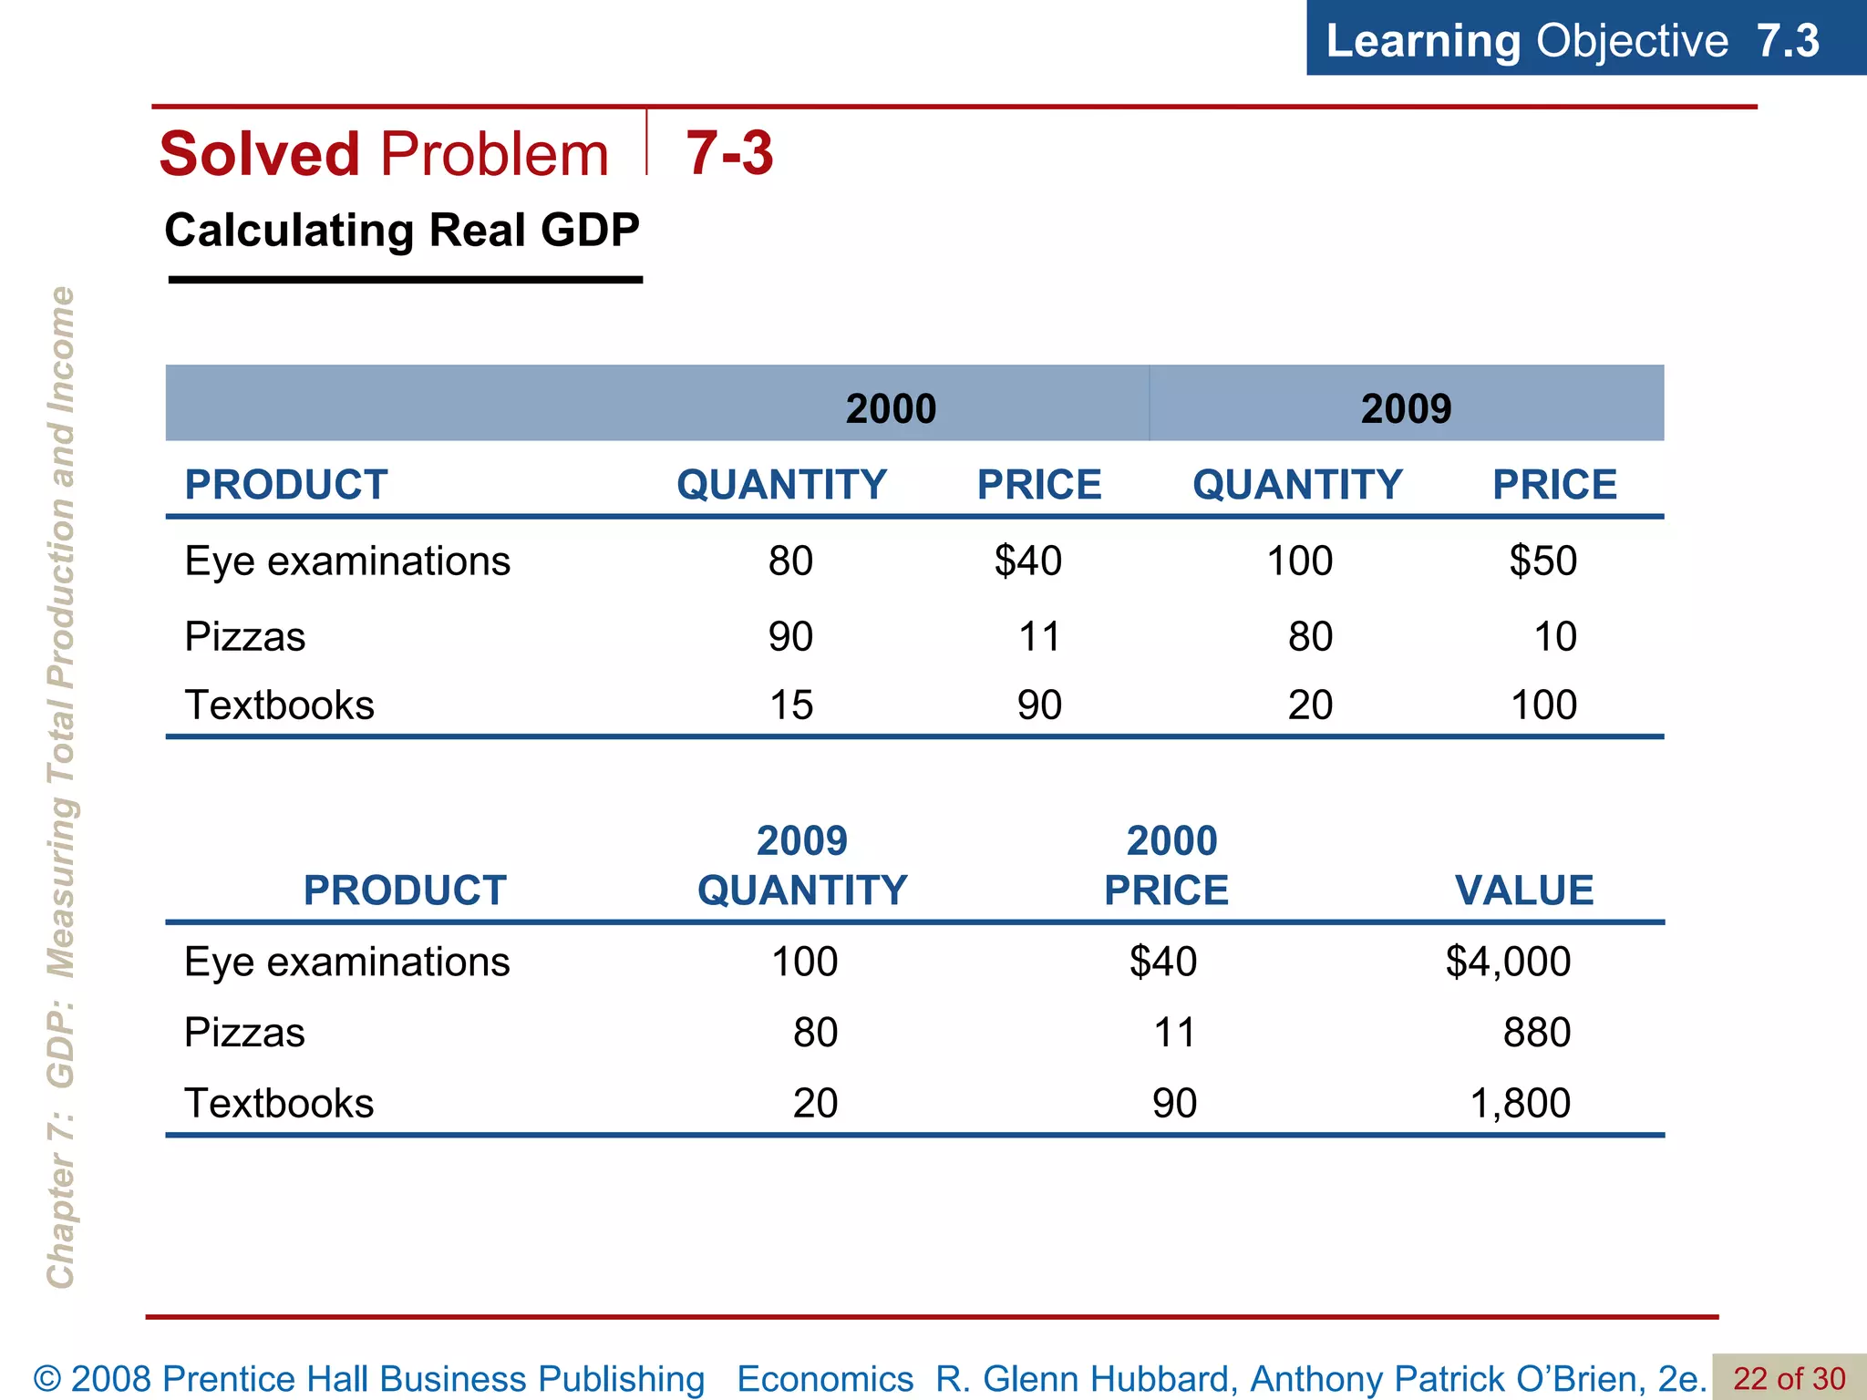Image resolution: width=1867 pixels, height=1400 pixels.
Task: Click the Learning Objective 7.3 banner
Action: tap(1573, 40)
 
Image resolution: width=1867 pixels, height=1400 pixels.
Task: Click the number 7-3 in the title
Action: tap(729, 153)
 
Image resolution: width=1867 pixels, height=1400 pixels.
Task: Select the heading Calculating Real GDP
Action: tap(402, 230)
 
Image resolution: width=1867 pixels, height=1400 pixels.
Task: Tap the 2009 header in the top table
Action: tap(1406, 408)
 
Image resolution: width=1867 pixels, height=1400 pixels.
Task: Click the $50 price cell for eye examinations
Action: tap(1542, 561)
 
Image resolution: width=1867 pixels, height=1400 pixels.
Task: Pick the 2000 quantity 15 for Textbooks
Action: tap(790, 705)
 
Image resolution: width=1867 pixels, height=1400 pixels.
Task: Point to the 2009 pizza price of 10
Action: tap(1554, 636)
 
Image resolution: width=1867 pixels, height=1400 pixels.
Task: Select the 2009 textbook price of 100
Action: tap(1543, 705)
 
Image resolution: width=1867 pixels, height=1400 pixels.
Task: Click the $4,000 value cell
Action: tap(1508, 962)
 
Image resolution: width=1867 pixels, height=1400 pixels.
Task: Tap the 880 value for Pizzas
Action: tap(1536, 1033)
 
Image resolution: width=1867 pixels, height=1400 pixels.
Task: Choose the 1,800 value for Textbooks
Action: tap(1520, 1103)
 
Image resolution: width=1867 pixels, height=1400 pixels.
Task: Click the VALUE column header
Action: tap(1523, 890)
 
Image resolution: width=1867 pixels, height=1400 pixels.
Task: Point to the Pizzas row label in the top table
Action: tap(244, 636)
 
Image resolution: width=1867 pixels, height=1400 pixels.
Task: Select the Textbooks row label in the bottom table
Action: tap(279, 1103)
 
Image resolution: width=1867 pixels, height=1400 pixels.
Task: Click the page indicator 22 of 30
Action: tap(1789, 1378)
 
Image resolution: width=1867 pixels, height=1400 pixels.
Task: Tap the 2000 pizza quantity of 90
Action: tap(790, 636)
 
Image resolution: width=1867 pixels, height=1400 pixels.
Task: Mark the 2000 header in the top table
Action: tap(891, 408)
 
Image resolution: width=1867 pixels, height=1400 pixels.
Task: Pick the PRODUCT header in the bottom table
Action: tap(405, 890)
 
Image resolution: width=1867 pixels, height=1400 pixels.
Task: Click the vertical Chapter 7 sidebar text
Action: tap(60, 787)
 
